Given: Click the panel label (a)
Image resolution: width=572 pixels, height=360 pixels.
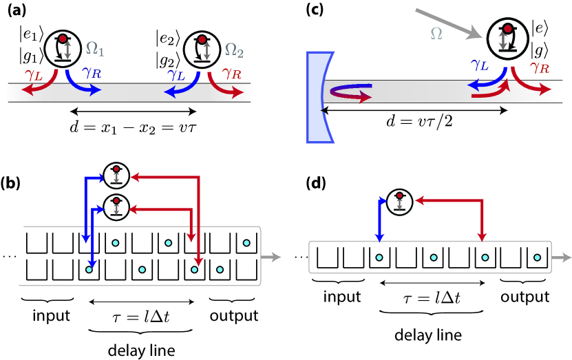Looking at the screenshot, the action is [17, 10].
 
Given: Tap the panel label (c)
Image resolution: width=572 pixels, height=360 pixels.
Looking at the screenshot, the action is [315, 10].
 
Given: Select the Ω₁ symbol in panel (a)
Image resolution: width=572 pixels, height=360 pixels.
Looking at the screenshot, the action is [95, 49].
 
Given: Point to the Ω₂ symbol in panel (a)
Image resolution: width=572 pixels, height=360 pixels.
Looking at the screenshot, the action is [234, 50].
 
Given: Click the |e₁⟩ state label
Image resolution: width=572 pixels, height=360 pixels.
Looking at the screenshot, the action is [32, 35].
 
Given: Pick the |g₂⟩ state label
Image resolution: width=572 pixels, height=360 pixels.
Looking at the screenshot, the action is [168, 60].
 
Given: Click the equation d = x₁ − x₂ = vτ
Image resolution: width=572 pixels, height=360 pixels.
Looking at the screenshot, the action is [133, 127].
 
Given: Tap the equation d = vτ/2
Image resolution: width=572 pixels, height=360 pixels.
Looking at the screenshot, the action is [419, 120].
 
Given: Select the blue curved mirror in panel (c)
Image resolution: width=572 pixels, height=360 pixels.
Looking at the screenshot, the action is [319, 97].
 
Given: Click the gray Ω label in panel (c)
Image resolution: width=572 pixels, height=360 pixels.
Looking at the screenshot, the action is [436, 34].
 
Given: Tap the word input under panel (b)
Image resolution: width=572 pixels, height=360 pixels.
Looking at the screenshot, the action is [51, 315].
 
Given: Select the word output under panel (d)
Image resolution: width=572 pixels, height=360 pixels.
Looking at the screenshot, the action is [525, 297].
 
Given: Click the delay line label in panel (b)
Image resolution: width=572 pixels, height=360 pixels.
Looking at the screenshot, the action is [142, 350].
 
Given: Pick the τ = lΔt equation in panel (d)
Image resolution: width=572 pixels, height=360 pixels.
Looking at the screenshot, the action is [432, 298].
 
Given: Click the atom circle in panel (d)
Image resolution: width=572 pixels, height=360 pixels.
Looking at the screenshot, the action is [399, 202].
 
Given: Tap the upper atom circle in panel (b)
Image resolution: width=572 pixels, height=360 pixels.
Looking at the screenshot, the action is [116, 176].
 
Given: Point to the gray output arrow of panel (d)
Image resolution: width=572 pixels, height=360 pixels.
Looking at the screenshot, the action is [562, 257].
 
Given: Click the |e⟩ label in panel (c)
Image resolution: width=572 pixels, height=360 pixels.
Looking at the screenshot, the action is [540, 28].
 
